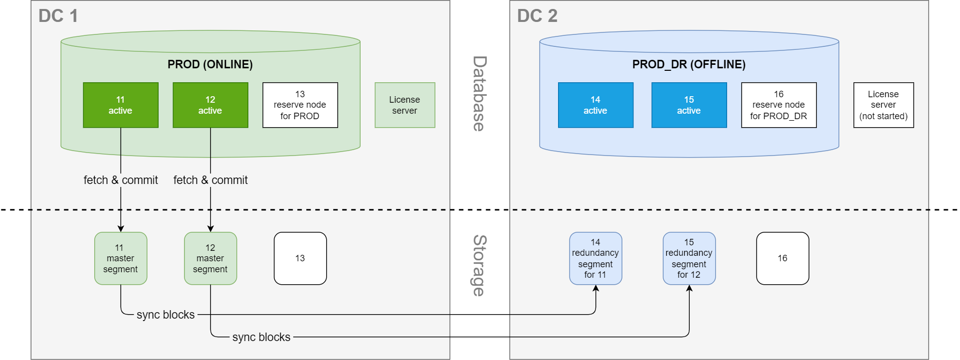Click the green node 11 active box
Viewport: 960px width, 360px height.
click(121, 105)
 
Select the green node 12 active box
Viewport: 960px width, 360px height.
click(210, 105)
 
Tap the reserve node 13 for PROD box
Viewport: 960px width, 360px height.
click(300, 105)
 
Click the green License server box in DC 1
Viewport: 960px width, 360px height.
click(405, 105)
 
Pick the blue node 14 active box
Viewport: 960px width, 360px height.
click(595, 105)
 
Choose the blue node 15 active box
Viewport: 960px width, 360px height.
click(689, 105)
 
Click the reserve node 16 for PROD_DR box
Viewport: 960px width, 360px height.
click(778, 105)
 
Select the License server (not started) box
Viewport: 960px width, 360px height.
click(883, 105)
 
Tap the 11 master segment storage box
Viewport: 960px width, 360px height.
click(121, 258)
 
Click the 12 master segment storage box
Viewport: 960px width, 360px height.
click(210, 258)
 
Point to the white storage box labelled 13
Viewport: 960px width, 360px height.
click(300, 258)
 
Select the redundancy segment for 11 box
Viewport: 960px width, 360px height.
click(595, 258)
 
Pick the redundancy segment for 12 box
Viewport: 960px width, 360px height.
click(689, 258)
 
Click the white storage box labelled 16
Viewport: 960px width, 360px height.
click(782, 258)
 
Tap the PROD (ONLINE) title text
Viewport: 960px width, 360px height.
click(210, 64)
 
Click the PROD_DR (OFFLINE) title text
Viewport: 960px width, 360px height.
click(689, 64)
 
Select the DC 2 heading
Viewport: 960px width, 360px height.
click(537, 16)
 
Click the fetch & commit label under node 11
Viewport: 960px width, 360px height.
click(121, 180)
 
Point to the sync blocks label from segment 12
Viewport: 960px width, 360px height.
click(261, 337)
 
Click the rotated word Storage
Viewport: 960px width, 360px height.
click(479, 265)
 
